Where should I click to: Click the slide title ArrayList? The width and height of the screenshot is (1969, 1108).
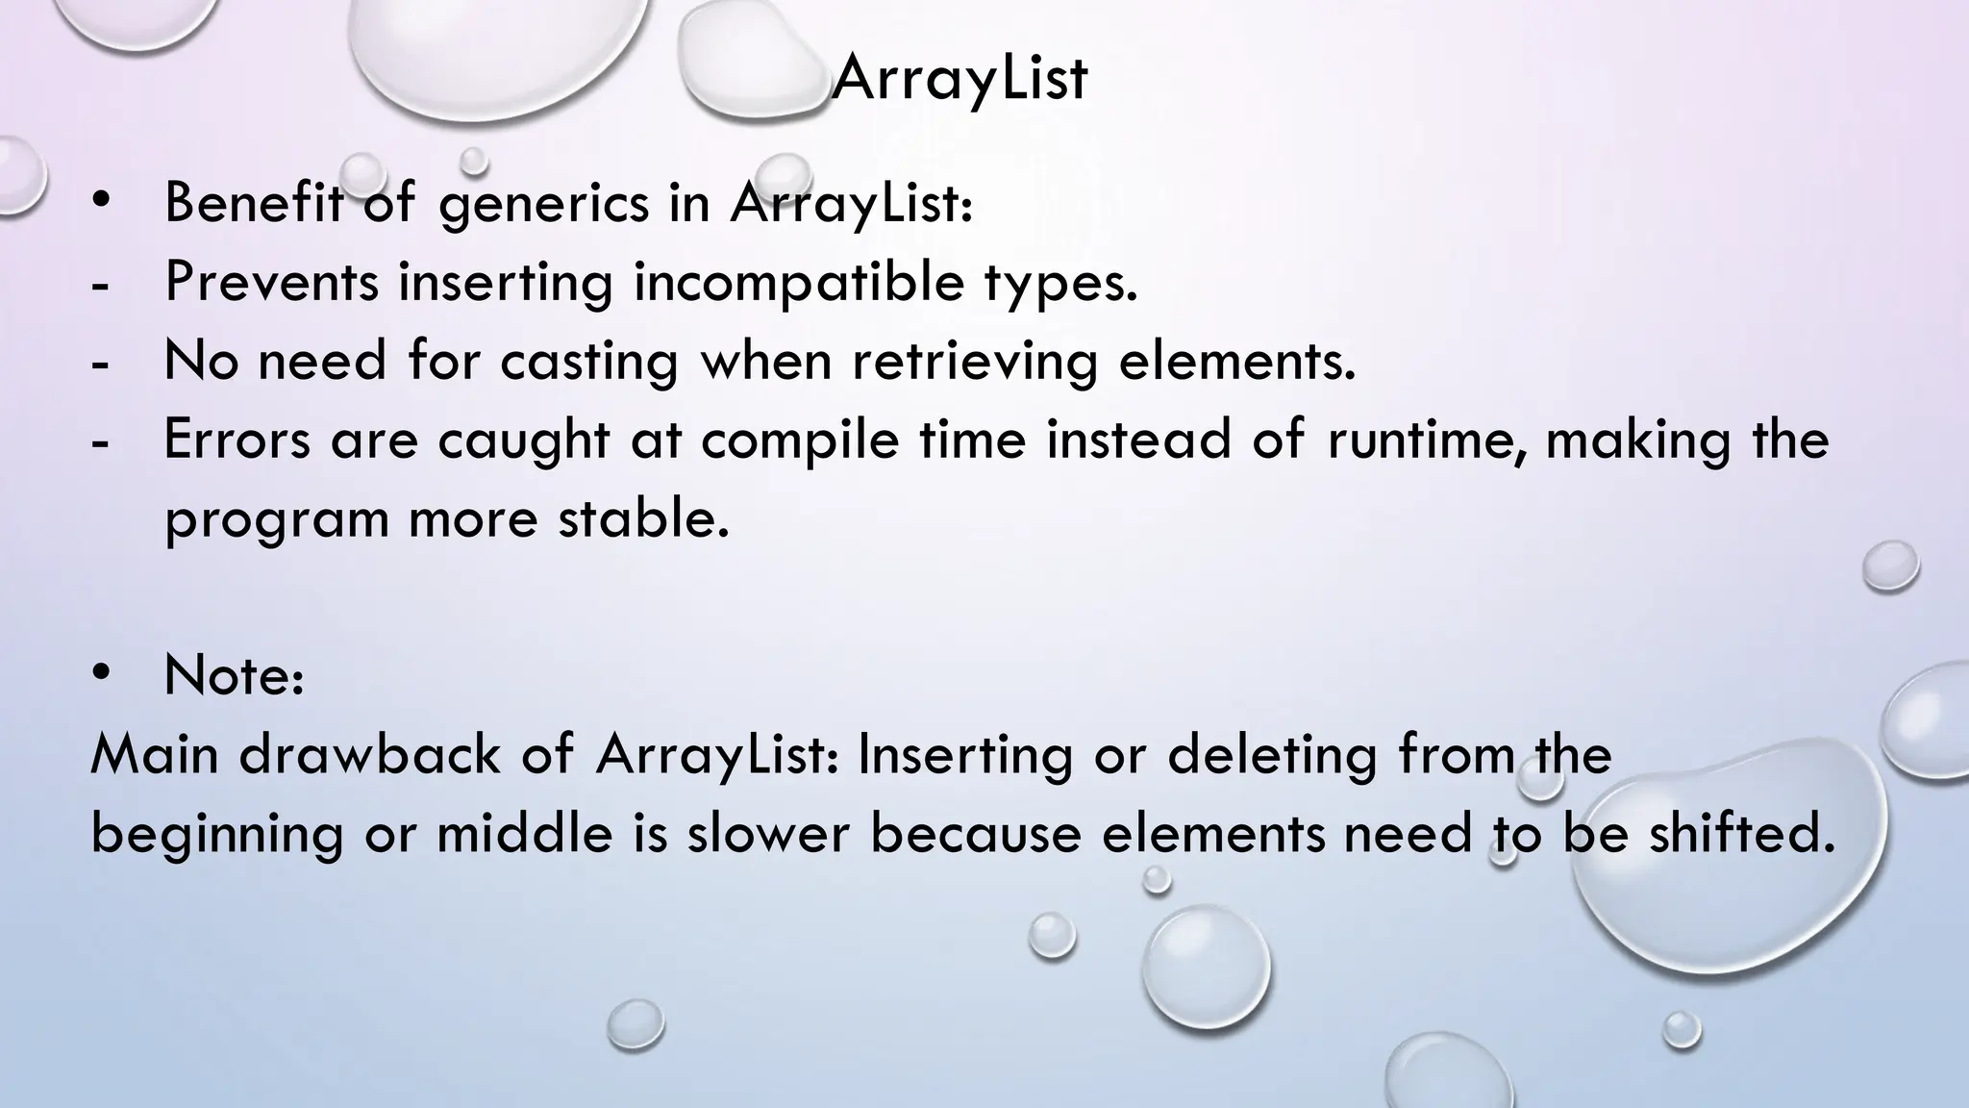pos(959,78)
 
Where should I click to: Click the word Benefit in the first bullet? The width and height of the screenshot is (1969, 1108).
pos(253,203)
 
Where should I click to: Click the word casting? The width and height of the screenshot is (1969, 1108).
pos(588,363)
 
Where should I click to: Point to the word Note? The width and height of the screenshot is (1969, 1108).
pos(234,675)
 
